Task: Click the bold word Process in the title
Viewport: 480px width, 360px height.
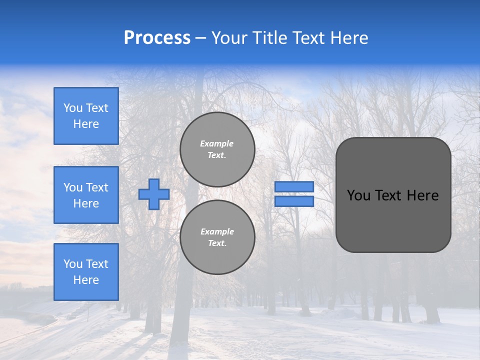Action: pos(157,38)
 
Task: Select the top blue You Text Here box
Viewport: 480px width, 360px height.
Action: pos(86,116)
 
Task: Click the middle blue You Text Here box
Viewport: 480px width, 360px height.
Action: pos(86,195)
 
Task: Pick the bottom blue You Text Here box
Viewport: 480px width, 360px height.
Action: pos(86,272)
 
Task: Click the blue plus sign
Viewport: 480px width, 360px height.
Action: pos(153,194)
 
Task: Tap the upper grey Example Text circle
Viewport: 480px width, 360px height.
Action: pos(217,149)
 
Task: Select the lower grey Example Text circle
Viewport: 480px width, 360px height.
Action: pos(217,237)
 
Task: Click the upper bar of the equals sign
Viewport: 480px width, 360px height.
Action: pos(294,187)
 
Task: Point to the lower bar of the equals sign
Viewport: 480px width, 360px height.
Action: pos(294,201)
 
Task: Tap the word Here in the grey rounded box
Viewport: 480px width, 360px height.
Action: pos(422,195)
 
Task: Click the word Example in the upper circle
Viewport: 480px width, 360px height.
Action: pos(217,143)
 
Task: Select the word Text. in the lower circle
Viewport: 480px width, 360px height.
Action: pos(217,243)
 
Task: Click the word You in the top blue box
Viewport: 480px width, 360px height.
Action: pos(73,108)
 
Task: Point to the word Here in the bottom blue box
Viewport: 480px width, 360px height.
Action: pos(86,280)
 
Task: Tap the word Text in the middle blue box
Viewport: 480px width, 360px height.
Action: pos(96,187)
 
